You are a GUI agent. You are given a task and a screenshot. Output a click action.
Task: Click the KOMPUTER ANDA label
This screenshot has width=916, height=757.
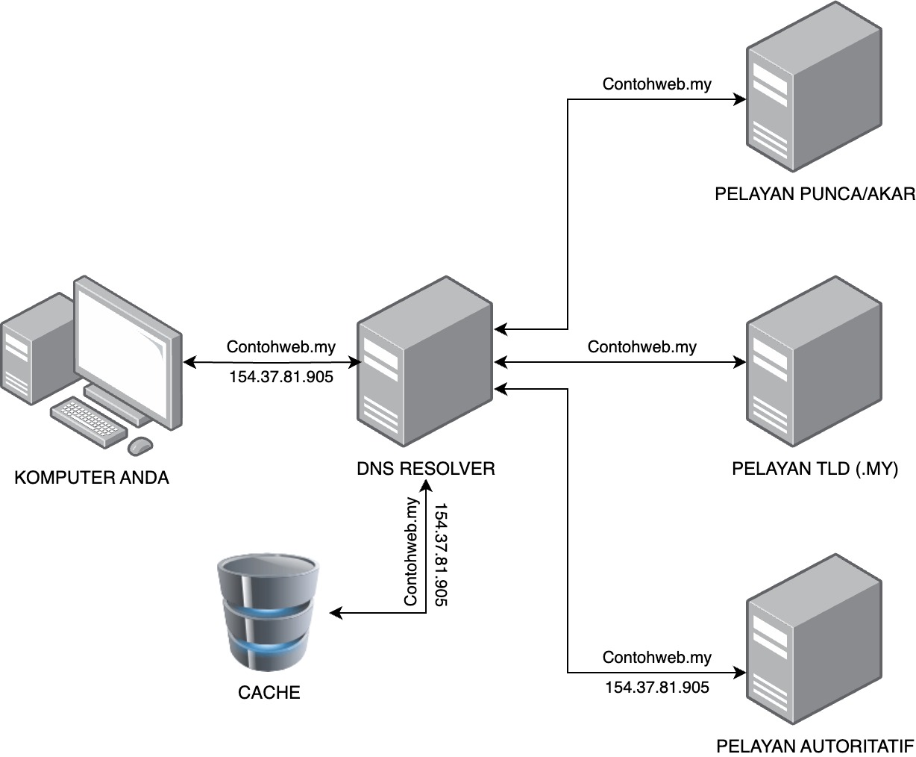pos(92,478)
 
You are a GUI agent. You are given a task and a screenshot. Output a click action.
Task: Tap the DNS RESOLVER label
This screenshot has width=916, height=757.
pos(425,469)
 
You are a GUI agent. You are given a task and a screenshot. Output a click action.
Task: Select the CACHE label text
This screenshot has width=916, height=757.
pos(269,693)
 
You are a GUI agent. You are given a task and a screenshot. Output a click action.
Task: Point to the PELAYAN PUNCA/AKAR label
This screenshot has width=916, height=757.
pos(815,194)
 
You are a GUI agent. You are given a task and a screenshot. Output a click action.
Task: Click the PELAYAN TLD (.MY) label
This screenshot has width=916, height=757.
pos(815,469)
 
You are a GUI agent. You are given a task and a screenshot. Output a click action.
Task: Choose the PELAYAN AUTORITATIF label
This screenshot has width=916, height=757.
pos(815,747)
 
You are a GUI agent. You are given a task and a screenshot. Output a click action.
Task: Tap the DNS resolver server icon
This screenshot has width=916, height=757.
pos(424,364)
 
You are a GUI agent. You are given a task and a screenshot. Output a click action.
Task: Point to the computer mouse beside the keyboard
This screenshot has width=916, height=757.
pos(139,446)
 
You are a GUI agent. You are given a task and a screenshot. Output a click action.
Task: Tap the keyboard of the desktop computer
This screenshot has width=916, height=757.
pos(88,423)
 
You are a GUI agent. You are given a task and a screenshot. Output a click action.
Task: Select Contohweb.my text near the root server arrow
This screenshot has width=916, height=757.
pos(656,84)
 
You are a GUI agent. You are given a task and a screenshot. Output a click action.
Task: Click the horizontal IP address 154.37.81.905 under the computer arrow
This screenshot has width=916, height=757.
pos(280,377)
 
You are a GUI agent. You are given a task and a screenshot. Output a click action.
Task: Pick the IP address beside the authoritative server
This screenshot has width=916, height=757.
pos(656,688)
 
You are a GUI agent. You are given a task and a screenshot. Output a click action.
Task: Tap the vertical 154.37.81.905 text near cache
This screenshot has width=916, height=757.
pos(440,554)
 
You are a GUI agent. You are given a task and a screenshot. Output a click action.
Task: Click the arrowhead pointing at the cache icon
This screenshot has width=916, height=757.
pos(335,614)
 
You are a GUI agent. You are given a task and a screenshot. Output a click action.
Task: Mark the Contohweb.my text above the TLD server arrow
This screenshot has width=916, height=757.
pos(641,346)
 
